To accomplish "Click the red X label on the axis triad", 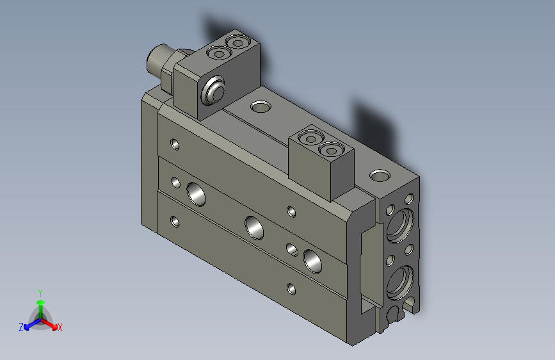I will [x=60, y=327].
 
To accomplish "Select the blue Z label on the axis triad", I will [x=21, y=327].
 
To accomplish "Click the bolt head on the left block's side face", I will [x=213, y=91].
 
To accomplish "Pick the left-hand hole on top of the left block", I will [x=221, y=53].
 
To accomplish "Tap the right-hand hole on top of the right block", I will [x=332, y=150].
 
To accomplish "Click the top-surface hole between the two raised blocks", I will [x=261, y=106].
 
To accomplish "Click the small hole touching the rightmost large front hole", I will [x=293, y=249].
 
